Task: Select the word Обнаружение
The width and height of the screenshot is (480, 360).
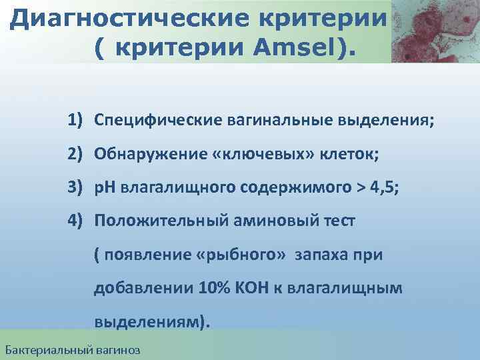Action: pos(136,155)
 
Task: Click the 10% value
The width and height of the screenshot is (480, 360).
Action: pos(213,289)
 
